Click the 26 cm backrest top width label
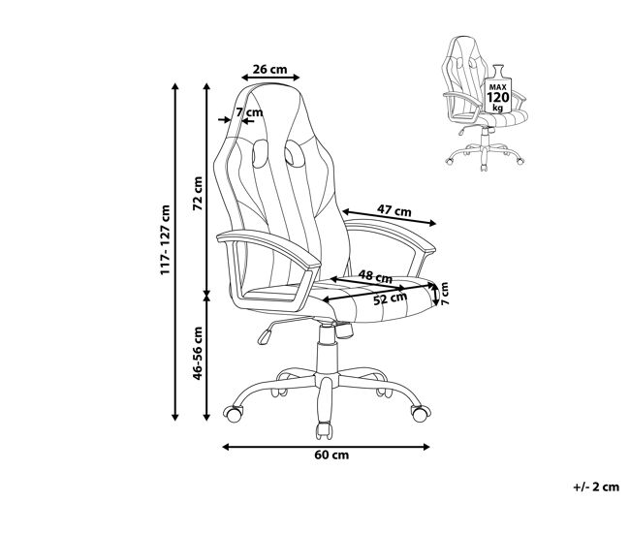pyautogui.click(x=269, y=70)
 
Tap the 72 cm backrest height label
pyautogui.click(x=198, y=193)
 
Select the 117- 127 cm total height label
pyautogui.click(x=166, y=240)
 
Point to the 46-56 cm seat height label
pyautogui.click(x=198, y=353)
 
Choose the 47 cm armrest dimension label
pyautogui.click(x=394, y=210)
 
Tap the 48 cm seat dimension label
pyautogui.click(x=375, y=276)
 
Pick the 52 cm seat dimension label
pyautogui.click(x=391, y=298)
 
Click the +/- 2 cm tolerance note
pyautogui.click(x=596, y=487)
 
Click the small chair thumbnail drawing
pyautogui.click(x=485, y=103)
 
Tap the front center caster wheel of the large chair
pyautogui.click(x=324, y=430)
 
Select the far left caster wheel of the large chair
pyautogui.click(x=234, y=414)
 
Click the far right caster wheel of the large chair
pyautogui.click(x=421, y=414)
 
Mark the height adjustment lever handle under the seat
pyautogui.click(x=264, y=336)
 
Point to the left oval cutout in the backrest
pyautogui.click(x=260, y=153)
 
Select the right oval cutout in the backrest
pyautogui.click(x=295, y=153)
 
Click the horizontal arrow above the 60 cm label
pyautogui.click(x=327, y=447)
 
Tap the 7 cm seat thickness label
pyautogui.click(x=444, y=294)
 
